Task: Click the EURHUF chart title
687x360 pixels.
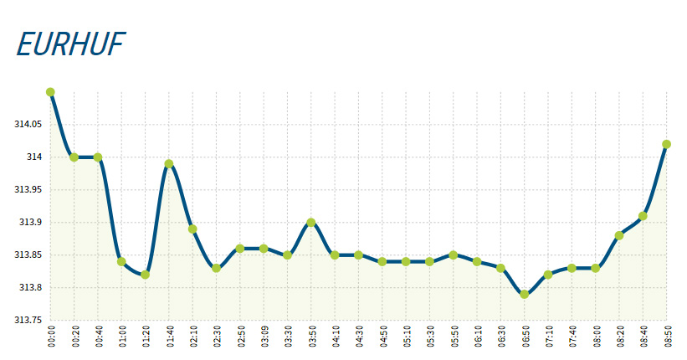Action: (x=70, y=44)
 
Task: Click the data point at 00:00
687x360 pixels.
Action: (x=50, y=92)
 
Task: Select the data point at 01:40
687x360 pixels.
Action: (x=169, y=164)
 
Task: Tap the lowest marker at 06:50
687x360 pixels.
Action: (x=525, y=294)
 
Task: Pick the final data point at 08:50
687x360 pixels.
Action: (x=667, y=144)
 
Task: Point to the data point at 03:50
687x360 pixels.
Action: (x=311, y=223)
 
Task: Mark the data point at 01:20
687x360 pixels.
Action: (x=146, y=275)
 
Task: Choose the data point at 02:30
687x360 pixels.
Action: (x=216, y=268)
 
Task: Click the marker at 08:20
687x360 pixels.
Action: (x=619, y=235)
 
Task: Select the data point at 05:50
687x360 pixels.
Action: (x=454, y=255)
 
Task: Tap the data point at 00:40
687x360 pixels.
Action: (x=98, y=157)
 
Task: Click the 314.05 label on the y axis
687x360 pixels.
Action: (x=28, y=124)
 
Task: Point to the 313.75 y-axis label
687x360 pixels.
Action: (x=28, y=320)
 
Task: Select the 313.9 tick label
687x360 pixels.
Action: (x=32, y=223)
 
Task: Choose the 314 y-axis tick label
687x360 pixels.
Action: (x=34, y=157)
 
